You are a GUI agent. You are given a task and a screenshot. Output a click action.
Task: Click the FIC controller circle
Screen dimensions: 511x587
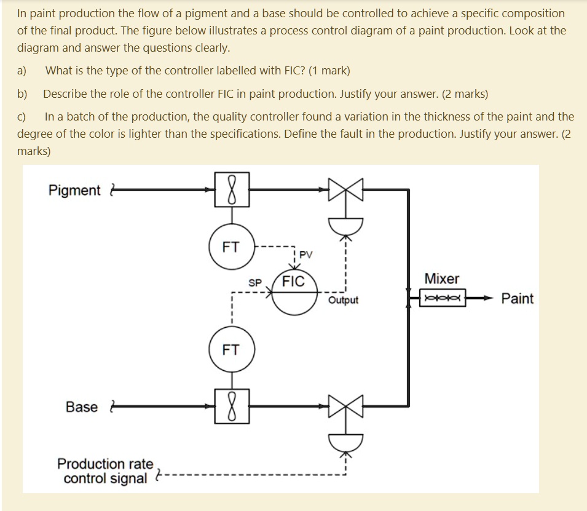293,291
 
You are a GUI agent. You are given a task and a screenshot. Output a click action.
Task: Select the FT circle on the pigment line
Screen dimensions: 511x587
231,247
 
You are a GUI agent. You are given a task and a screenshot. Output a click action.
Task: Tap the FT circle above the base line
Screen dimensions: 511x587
231,350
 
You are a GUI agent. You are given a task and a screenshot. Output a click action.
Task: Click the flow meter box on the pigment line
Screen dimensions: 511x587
231,189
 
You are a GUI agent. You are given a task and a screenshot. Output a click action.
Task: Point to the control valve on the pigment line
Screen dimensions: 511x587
346,190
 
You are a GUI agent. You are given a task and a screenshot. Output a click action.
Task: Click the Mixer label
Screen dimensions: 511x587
442,279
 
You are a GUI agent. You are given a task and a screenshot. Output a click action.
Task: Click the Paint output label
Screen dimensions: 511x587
517,299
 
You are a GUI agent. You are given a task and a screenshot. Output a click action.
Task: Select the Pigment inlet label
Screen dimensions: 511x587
74,191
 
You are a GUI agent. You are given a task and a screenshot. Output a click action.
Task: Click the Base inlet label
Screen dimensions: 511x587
82,407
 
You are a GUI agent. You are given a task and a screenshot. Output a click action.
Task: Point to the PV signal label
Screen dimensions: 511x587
306,255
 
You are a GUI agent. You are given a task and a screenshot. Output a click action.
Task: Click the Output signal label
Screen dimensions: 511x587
343,301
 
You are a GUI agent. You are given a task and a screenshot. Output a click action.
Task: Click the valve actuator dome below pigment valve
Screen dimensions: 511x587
346,225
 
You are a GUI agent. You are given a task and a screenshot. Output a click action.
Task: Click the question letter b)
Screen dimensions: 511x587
22,94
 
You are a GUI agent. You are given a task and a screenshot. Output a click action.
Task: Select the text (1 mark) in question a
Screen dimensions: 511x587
327,70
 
